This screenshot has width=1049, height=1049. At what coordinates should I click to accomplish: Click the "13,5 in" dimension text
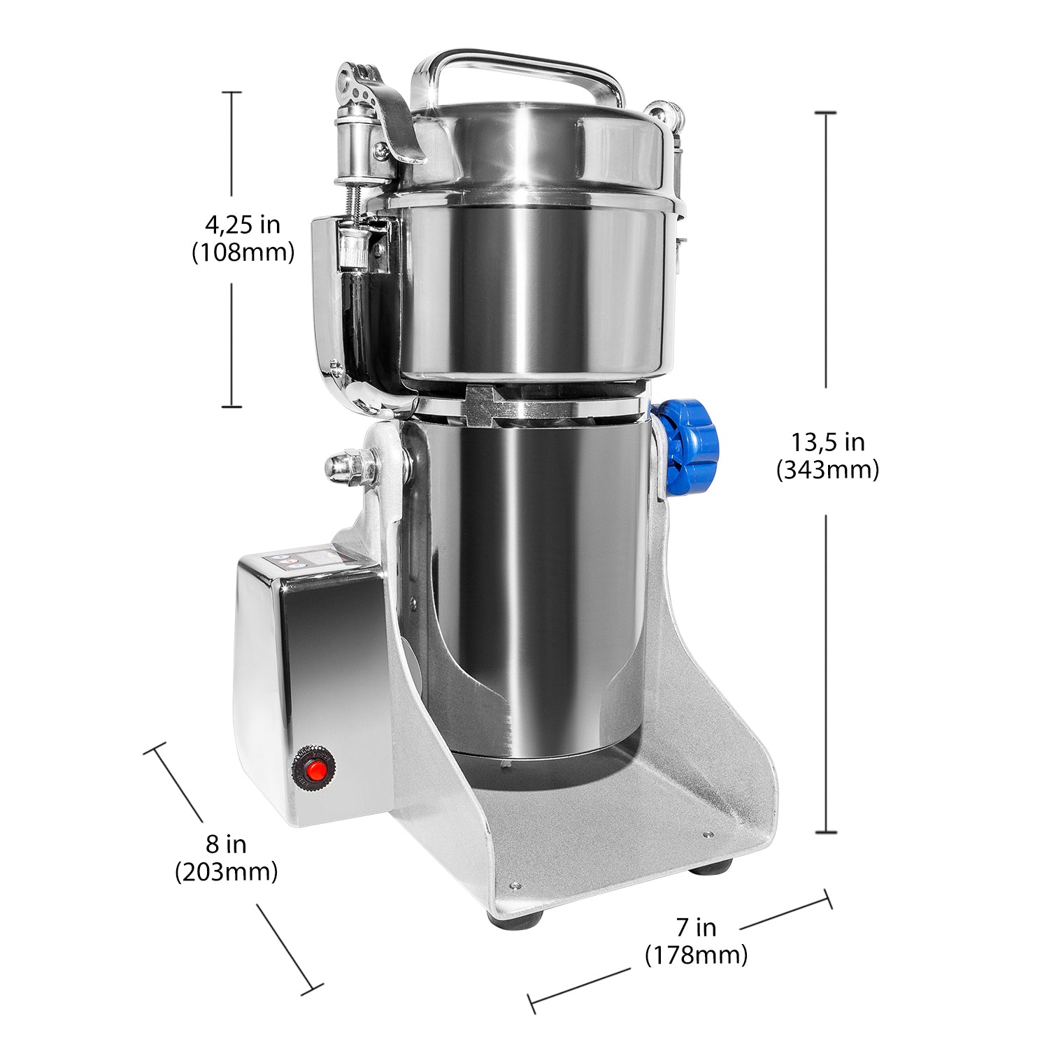[827, 442]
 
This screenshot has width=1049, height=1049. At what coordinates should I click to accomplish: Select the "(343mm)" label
[827, 469]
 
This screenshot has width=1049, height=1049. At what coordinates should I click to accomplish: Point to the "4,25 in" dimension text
[243, 224]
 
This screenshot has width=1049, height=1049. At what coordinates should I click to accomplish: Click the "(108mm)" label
[243, 252]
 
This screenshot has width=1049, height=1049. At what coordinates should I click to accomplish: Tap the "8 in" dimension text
[226, 844]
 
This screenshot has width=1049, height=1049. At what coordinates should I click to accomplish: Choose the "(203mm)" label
[226, 871]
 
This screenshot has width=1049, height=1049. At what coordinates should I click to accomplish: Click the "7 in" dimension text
[696, 927]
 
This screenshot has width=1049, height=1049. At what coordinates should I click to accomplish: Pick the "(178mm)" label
[696, 955]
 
